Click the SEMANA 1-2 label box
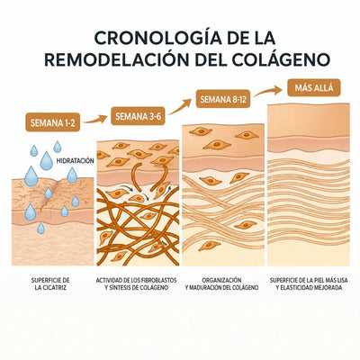pos(53,122)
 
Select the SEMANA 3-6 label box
pos(138,116)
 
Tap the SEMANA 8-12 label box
pos(223,99)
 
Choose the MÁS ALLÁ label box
pos(314,87)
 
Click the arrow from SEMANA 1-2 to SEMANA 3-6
pos(95,120)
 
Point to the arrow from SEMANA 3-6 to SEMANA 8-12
pos(180,107)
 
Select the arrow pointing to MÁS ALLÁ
pos(268,91)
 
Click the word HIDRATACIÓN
pos(76,161)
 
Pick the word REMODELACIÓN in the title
pos(117,59)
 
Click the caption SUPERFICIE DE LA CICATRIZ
pos(50,283)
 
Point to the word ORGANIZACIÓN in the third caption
pos(221,280)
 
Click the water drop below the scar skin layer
pos(40,229)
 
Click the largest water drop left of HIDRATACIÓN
pos(47,161)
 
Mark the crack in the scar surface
pos(50,195)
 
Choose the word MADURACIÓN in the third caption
pos(206,287)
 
